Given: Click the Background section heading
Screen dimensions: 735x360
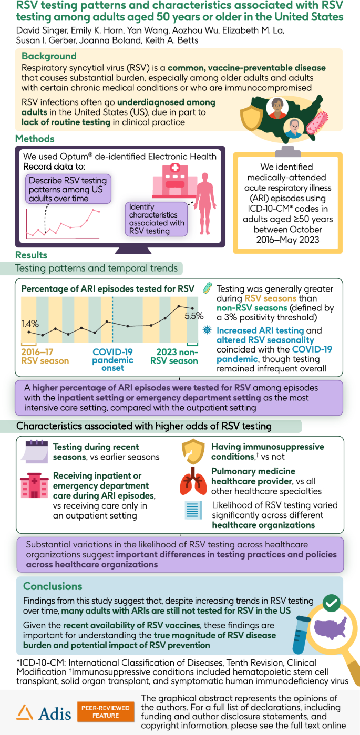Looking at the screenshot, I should [x=49, y=56].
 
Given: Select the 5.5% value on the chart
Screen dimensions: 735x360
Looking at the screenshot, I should [x=193, y=316].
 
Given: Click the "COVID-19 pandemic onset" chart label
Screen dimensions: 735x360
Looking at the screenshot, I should [x=113, y=360].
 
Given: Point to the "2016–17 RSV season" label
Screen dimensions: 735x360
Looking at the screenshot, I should [x=45, y=356].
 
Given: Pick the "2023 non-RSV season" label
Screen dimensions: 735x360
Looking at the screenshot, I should [x=174, y=356].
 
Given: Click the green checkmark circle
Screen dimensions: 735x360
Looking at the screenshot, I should [x=331, y=604].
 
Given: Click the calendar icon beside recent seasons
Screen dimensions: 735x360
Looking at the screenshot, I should [x=36, y=451].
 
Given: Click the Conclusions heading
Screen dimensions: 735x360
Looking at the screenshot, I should [x=53, y=586].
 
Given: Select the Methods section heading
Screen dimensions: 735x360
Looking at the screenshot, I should [x=36, y=139].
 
